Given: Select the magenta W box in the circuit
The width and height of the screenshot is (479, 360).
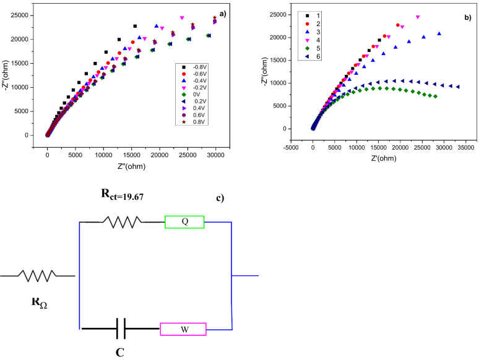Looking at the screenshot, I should click(x=183, y=329).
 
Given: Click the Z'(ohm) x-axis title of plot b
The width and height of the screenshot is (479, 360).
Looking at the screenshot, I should click(x=380, y=158).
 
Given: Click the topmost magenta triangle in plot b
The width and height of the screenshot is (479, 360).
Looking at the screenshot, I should click(x=418, y=17).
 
